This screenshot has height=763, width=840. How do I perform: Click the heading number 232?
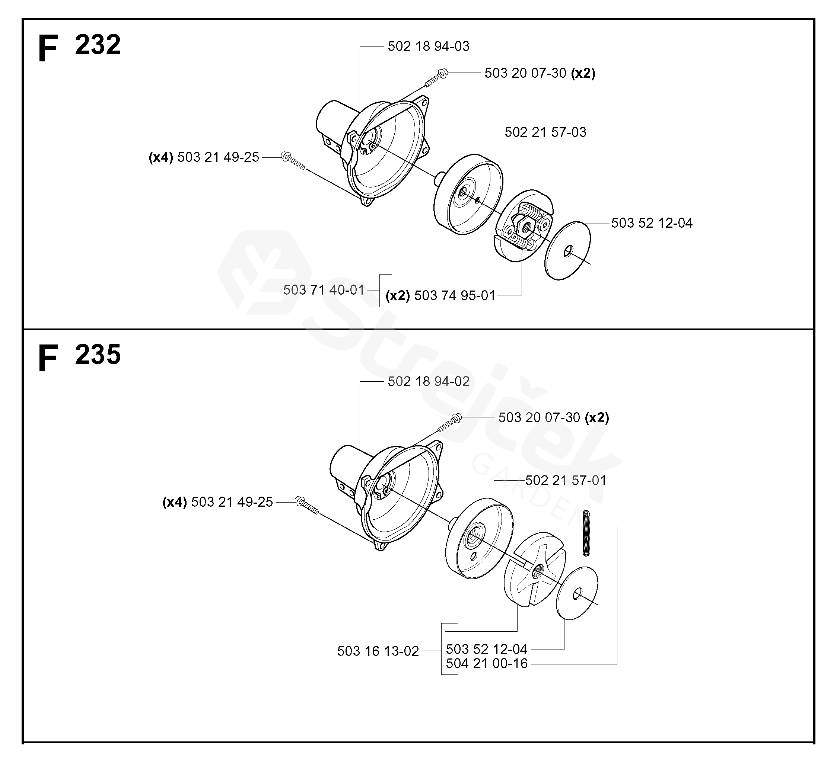click(x=98, y=45)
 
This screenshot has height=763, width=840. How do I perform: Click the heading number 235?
click(x=98, y=355)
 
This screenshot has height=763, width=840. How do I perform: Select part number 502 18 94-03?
click(x=428, y=46)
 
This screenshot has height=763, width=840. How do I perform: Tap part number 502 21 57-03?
click(x=545, y=132)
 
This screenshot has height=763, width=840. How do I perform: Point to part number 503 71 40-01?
click(x=324, y=290)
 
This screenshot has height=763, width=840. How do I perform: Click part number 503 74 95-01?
click(x=455, y=295)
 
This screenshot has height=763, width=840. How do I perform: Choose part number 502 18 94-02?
click(x=428, y=382)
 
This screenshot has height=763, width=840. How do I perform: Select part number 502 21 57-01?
click(x=566, y=481)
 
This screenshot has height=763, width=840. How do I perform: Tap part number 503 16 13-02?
click(x=378, y=651)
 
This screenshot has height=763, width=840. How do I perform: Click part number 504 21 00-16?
click(x=487, y=664)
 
